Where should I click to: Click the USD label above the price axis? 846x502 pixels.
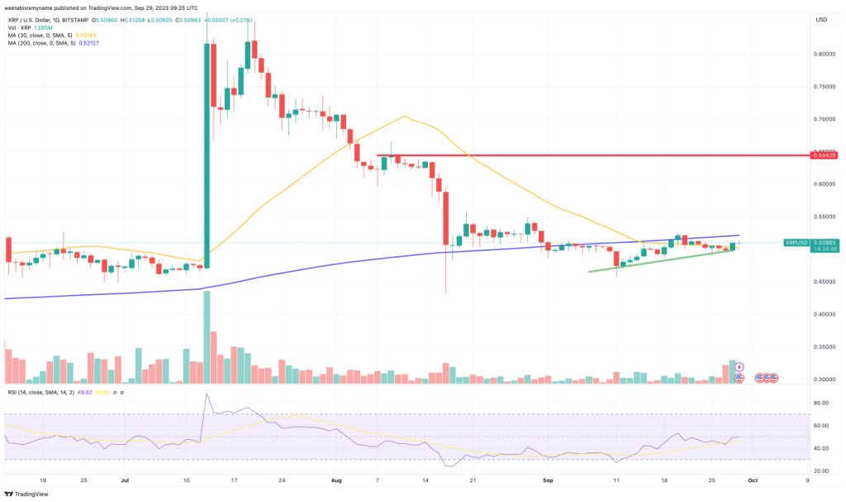pos(821,20)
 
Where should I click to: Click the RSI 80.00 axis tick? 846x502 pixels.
pos(821,403)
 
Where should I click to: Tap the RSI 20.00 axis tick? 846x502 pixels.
pos(821,471)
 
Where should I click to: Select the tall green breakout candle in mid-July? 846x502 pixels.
pos(206,157)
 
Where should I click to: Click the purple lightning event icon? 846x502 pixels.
pos(739,366)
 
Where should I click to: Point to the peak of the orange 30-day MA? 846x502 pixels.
pos(404,117)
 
